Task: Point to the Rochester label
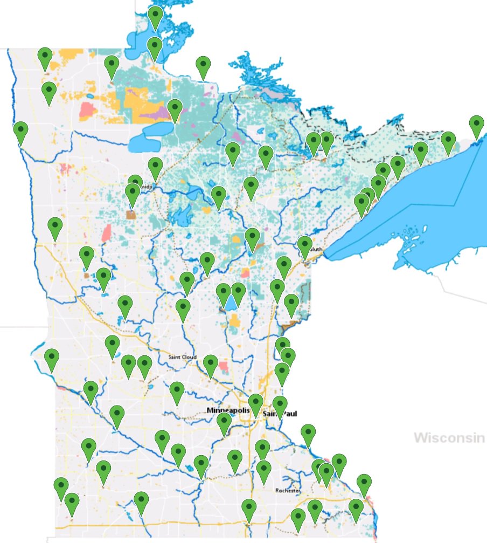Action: pyautogui.click(x=287, y=491)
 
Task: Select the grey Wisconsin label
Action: pyautogui.click(x=449, y=437)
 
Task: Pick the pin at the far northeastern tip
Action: pyautogui.click(x=476, y=126)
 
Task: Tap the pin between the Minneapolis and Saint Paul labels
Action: pyautogui.click(x=256, y=403)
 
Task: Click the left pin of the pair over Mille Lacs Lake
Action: pyautogui.click(x=224, y=294)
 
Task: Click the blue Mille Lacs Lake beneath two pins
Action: pyautogui.click(x=231, y=304)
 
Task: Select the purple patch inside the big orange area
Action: pyautogui.click(x=154, y=114)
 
